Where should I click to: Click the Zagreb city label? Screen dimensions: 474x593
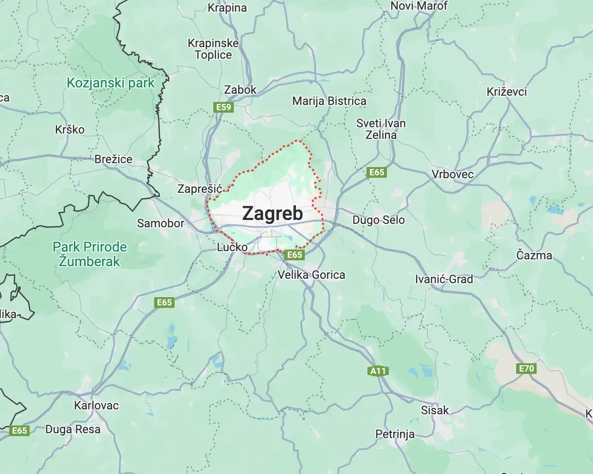[272, 214]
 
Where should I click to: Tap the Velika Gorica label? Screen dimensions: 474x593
[311, 275]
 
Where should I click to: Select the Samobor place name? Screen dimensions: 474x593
[160, 223]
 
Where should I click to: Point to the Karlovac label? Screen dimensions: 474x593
[96, 405]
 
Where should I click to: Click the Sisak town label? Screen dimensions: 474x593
[435, 410]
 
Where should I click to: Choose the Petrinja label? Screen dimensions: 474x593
[395, 434]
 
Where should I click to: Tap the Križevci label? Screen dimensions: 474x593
[506, 92]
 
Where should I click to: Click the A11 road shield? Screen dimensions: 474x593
[378, 372]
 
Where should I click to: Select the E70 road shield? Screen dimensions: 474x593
[526, 369]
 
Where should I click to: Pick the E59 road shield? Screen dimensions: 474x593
[223, 107]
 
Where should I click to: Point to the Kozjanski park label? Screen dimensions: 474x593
[110, 83]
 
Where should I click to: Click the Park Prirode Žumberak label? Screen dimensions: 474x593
[89, 254]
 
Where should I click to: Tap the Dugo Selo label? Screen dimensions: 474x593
[378, 220]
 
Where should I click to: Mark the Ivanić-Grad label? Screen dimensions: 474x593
[444, 279]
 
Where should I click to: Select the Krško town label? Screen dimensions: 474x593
[70, 130]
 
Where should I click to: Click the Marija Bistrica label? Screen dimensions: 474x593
[329, 101]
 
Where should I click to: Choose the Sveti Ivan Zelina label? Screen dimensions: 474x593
[381, 129]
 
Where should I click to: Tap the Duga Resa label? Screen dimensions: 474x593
[73, 429]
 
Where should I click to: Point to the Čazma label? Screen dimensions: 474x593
[534, 255]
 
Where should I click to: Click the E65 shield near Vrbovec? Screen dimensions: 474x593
[377, 172]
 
